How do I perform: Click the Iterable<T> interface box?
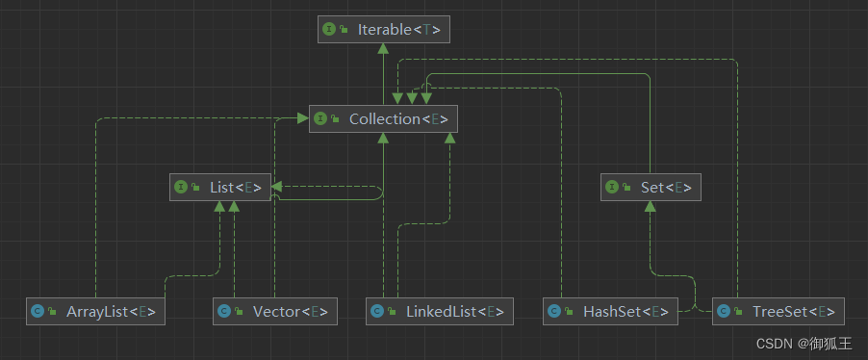384,30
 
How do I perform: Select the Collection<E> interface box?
382,118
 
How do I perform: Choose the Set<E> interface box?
651,187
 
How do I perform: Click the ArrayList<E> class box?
93,311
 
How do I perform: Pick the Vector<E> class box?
275,311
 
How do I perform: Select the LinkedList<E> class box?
440,311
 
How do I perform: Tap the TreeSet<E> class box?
779,311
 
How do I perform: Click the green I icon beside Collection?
319,118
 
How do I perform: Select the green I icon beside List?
181,187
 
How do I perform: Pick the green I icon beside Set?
612,187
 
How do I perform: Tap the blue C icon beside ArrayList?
37,311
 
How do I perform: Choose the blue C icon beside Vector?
223,311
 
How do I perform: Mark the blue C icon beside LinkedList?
377,311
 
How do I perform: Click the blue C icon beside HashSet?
553,311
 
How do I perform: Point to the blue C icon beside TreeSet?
723,311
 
